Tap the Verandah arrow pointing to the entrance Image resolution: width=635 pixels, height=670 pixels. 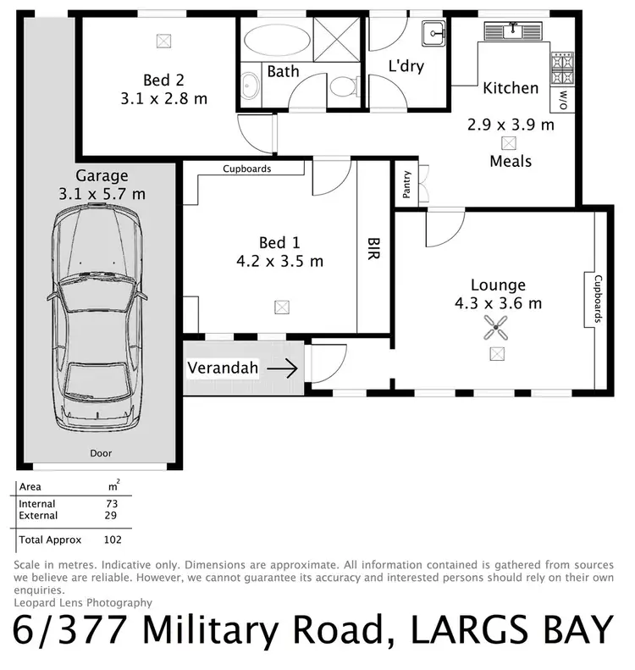pyautogui.click(x=284, y=368)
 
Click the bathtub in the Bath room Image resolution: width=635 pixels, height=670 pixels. pyautogui.click(x=275, y=39)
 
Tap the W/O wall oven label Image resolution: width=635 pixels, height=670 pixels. pyautogui.click(x=563, y=100)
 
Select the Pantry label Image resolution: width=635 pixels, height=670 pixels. pyautogui.click(x=406, y=185)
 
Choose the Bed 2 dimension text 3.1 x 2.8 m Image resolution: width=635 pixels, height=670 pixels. pyautogui.click(x=163, y=99)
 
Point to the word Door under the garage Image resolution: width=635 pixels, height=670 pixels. pyautogui.click(x=101, y=454)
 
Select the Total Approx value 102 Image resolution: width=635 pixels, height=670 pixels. pyautogui.click(x=112, y=540)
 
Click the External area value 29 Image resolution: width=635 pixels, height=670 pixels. pyautogui.click(x=112, y=515)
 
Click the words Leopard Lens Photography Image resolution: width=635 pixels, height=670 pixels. pyautogui.click(x=83, y=602)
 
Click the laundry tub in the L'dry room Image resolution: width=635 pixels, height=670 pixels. pyautogui.click(x=436, y=34)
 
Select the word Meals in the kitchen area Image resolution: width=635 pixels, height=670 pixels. pyautogui.click(x=511, y=160)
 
